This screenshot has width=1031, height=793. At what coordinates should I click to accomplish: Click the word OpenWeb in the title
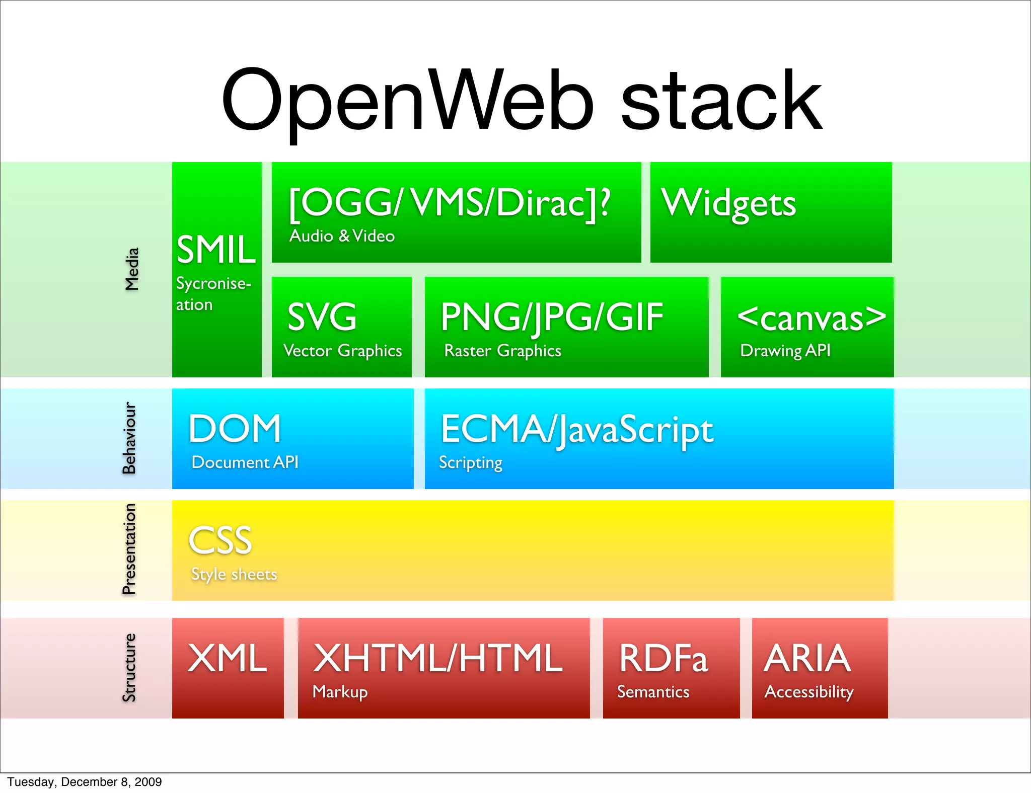(x=408, y=101)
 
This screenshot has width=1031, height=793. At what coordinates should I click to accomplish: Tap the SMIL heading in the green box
(x=216, y=250)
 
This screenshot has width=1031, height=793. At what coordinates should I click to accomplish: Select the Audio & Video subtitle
(x=342, y=236)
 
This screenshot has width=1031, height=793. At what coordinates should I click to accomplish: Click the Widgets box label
(x=728, y=203)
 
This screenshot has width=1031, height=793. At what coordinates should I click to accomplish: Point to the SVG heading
(x=322, y=316)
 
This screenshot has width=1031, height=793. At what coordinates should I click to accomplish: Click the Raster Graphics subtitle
(x=502, y=351)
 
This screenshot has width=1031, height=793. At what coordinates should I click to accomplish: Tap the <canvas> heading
(x=811, y=318)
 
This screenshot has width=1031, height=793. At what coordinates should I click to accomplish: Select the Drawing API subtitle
(x=785, y=351)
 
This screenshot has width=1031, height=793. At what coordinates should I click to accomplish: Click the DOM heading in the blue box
(x=235, y=429)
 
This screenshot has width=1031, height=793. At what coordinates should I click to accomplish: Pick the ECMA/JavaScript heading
(x=577, y=430)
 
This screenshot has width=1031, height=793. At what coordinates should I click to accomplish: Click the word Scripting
(x=470, y=462)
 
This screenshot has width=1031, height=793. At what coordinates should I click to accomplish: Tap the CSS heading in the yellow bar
(x=220, y=540)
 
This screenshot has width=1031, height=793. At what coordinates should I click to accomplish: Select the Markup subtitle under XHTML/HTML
(x=340, y=692)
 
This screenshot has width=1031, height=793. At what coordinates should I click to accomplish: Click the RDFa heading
(x=664, y=658)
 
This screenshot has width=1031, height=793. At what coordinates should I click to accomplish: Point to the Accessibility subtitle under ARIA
(x=808, y=692)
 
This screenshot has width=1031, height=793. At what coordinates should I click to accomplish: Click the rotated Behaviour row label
(x=129, y=438)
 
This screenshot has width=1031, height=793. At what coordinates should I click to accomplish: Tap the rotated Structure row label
(x=129, y=667)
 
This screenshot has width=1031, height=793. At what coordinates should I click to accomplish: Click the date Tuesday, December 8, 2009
(x=85, y=782)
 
